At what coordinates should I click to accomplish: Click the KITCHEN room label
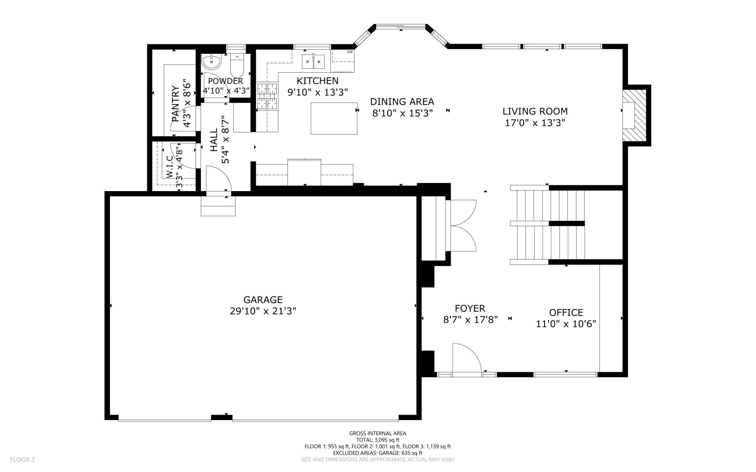pyautogui.click(x=317, y=81)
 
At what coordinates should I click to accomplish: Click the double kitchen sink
pyautogui.click(x=313, y=61)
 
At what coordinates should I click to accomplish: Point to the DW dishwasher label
pyautogui.click(x=350, y=52)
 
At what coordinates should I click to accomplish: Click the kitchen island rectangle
pyautogui.click(x=334, y=118)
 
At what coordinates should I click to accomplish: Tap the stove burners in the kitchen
pyautogui.click(x=267, y=96)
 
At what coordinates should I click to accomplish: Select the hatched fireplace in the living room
pyautogui.click(x=634, y=115)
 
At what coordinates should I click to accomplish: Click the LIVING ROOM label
pyautogui.click(x=535, y=111)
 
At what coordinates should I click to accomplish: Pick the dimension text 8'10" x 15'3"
pyautogui.click(x=402, y=113)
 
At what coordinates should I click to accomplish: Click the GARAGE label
pyautogui.click(x=263, y=300)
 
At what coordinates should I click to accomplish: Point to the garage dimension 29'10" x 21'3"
pyautogui.click(x=263, y=311)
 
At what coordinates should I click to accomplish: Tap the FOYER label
pyautogui.click(x=470, y=308)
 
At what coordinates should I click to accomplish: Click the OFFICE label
pyautogui.click(x=566, y=312)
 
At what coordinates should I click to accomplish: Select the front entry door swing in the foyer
pyautogui.click(x=467, y=358)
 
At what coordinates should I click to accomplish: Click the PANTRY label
pyautogui.click(x=175, y=104)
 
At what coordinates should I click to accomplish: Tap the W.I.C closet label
pyautogui.click(x=169, y=166)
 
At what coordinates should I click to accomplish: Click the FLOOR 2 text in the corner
pyautogui.click(x=23, y=460)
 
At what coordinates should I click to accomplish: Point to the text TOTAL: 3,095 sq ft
pyautogui.click(x=378, y=440)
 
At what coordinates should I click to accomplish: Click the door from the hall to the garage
pyautogui.click(x=218, y=178)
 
